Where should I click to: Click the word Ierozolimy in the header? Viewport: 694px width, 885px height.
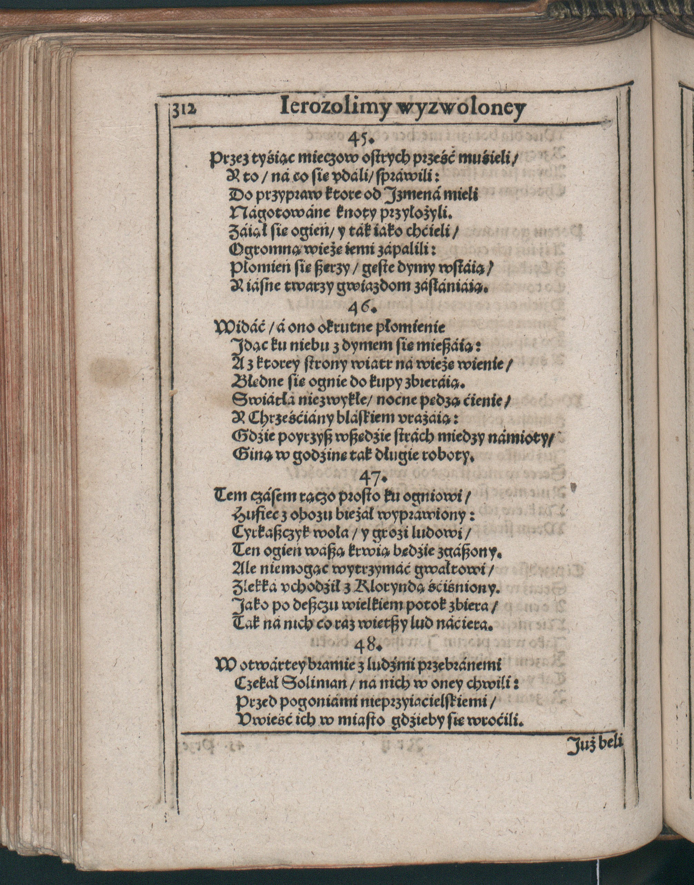(x=328, y=109)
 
